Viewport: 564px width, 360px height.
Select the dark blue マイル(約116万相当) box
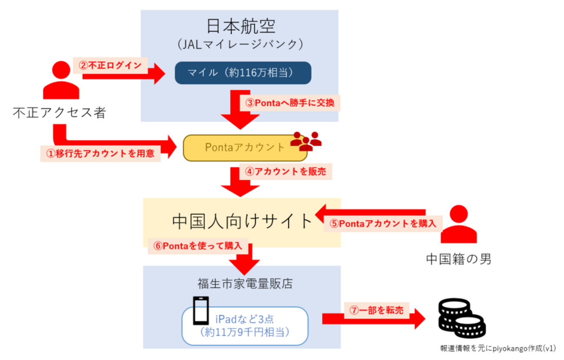pos(243,73)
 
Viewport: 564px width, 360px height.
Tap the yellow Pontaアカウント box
pos(245,147)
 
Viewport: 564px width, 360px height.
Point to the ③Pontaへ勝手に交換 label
pos(289,104)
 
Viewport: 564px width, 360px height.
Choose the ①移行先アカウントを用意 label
pos(100,154)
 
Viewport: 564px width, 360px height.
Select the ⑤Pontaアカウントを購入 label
pos(383,224)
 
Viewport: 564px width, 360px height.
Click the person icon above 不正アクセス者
pos(61,80)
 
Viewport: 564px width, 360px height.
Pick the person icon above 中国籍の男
pos(459,224)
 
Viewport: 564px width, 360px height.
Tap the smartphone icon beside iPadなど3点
pos(200,311)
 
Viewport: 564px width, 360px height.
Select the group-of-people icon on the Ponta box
pos(306,141)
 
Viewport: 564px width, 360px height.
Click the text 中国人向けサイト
pos(242,221)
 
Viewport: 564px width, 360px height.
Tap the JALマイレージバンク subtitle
pos(240,44)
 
